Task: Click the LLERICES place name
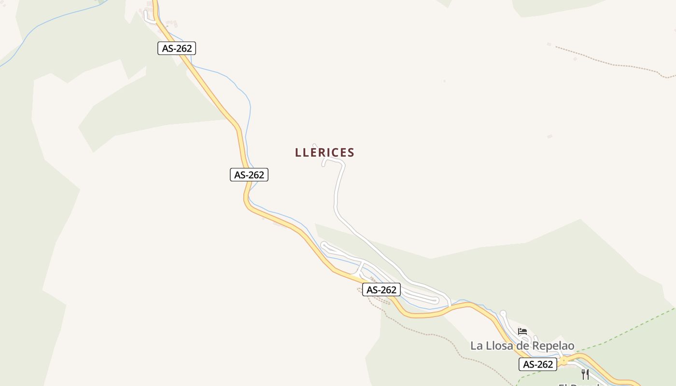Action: click(x=324, y=152)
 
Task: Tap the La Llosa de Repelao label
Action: click(x=522, y=346)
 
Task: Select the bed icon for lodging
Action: click(x=522, y=331)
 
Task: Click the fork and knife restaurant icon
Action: click(x=585, y=374)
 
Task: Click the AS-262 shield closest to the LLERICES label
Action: click(x=249, y=175)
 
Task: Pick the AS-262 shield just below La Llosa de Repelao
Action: click(x=537, y=364)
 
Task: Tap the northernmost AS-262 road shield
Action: click(x=176, y=48)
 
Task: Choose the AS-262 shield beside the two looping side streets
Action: click(x=381, y=289)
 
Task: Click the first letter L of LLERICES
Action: click(x=298, y=152)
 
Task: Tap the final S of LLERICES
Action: click(x=351, y=152)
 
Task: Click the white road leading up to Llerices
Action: click(x=337, y=193)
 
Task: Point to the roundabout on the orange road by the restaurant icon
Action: click(x=563, y=360)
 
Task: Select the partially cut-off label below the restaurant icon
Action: click(x=579, y=384)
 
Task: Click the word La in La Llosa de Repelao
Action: click(x=476, y=346)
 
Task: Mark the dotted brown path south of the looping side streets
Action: click(x=425, y=333)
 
